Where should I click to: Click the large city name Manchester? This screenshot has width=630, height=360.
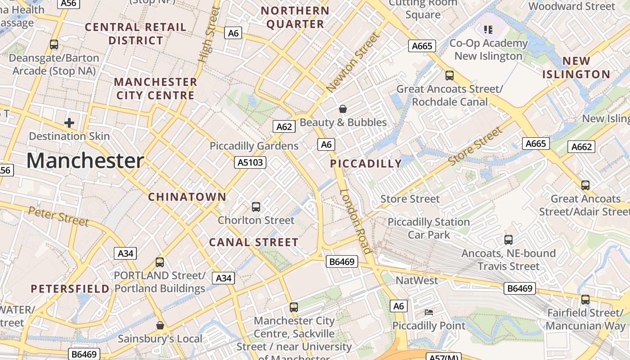85,161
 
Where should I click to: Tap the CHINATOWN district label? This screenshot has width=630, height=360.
187,197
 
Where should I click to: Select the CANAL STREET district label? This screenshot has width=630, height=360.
254,242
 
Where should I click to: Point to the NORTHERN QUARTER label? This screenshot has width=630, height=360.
295,17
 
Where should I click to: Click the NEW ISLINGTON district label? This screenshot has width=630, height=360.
576,67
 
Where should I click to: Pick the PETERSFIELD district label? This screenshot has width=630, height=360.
70,289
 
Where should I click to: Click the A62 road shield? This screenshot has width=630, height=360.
284,126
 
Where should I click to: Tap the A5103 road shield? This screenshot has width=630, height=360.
250,162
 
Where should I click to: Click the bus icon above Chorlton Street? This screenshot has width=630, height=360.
256,207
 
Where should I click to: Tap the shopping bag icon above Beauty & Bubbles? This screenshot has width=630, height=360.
343,109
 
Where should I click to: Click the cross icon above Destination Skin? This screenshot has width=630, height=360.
69,122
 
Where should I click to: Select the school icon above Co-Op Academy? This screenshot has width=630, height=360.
488,30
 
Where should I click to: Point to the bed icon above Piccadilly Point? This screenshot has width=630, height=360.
429,312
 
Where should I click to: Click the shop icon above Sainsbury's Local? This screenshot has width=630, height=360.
160,325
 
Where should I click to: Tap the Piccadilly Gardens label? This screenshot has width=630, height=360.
254,146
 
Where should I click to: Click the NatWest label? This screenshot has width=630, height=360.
417,280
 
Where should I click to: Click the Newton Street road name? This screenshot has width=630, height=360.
354,62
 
